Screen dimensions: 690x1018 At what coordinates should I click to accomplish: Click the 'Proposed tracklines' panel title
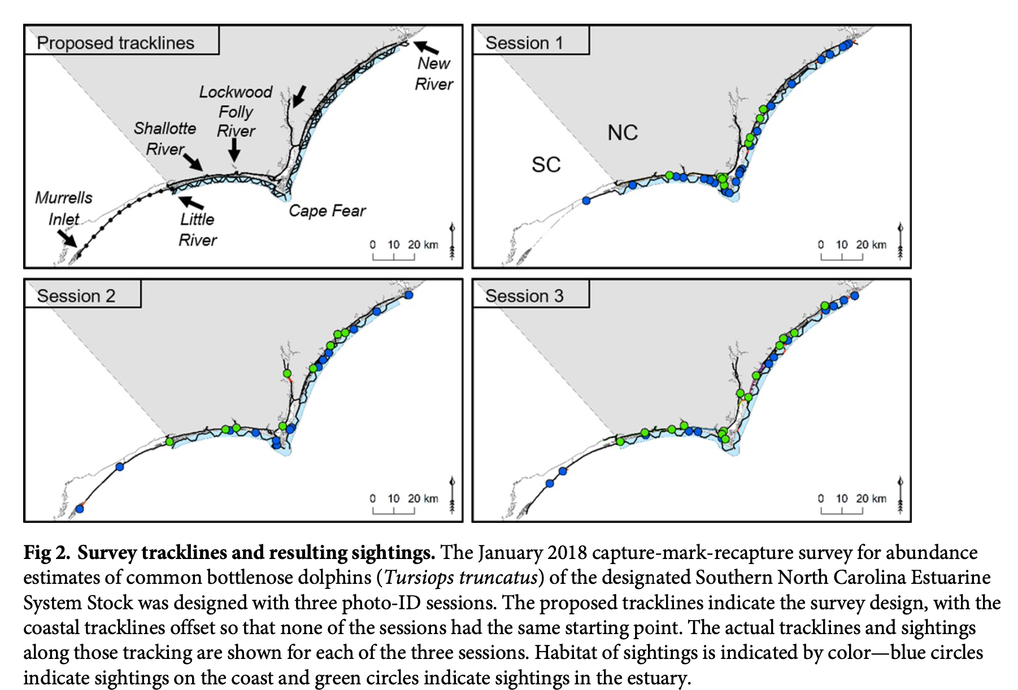(x=115, y=43)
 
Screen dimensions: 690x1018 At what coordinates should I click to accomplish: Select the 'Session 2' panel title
(x=76, y=296)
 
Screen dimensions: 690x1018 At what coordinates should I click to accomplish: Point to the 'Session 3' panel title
(x=524, y=296)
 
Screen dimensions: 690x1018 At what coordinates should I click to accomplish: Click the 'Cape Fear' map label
(x=327, y=211)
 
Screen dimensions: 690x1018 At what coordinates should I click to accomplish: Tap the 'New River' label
(x=433, y=73)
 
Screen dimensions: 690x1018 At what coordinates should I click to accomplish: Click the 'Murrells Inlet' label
(x=63, y=208)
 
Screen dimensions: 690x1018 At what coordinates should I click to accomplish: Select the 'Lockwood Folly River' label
(x=236, y=111)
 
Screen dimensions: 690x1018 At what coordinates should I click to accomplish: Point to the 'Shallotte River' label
(x=165, y=138)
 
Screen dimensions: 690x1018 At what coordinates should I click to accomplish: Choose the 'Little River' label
(x=197, y=229)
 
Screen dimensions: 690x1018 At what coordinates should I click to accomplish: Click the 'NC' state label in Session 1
(x=623, y=133)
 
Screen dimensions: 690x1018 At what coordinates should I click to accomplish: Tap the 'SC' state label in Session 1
(x=546, y=165)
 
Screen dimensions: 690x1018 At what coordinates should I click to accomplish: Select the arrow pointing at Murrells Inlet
(x=67, y=238)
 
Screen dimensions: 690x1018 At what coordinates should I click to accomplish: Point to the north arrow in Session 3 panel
(x=900, y=495)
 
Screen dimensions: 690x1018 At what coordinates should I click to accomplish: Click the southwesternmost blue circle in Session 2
(x=80, y=509)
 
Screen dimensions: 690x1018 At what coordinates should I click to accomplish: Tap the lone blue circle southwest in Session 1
(x=586, y=200)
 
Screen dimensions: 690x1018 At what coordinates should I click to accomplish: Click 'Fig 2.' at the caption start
(x=47, y=552)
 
